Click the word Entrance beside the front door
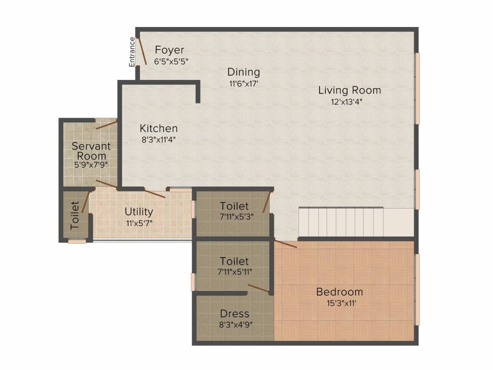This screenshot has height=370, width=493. click(x=132, y=52)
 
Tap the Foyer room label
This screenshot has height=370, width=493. click(x=169, y=50)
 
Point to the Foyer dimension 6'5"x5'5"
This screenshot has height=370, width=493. click(x=171, y=61)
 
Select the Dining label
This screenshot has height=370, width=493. click(x=244, y=72)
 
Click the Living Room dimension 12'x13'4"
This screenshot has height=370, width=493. click(x=347, y=102)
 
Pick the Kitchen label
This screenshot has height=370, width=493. click(x=158, y=128)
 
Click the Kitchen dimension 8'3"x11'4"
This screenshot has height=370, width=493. click(x=158, y=140)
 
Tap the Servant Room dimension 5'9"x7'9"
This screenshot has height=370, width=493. click(x=91, y=164)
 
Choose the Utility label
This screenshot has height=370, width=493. click(x=139, y=212)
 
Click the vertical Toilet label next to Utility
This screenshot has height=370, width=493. click(x=75, y=215)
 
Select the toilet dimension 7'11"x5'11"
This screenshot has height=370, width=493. click(x=234, y=272)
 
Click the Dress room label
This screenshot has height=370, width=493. click(x=234, y=314)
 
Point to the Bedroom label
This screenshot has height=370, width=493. click(x=339, y=292)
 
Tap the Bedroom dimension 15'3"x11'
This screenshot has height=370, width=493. click(x=341, y=304)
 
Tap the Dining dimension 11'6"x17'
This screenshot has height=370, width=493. click(x=244, y=84)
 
